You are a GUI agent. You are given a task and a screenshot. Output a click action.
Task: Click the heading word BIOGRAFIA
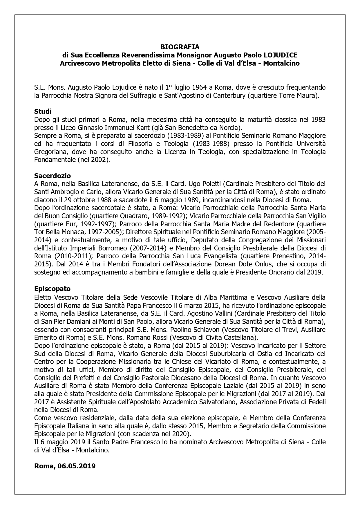coord(180,47)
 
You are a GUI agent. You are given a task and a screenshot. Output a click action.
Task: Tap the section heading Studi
coord(43,111)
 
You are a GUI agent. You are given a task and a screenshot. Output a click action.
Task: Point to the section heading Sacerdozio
coord(53,176)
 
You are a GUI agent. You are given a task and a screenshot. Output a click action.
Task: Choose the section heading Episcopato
coord(52,289)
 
